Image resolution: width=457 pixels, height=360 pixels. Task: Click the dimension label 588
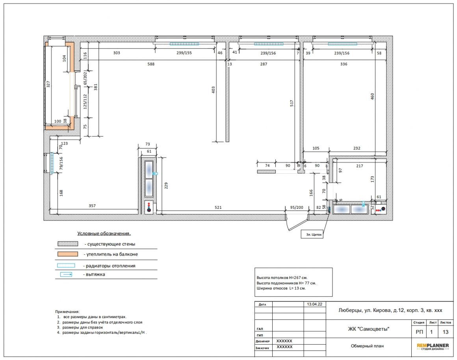tap(151, 64)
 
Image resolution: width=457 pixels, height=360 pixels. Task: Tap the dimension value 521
tap(218, 208)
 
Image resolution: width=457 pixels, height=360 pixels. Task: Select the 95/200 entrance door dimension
tap(297, 208)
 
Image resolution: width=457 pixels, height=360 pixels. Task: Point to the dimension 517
tap(292, 103)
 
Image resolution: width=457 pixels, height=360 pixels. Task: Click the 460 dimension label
tap(372, 96)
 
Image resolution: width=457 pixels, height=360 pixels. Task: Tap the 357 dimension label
tap(92, 206)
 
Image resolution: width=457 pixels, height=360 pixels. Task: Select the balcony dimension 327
tap(48, 84)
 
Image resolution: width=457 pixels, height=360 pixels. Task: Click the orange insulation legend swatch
tap(68, 254)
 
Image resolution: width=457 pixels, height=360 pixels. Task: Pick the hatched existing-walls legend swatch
tap(68, 244)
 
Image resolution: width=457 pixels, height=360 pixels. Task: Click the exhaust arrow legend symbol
tap(66, 275)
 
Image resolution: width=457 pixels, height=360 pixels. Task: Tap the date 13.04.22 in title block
tap(314, 304)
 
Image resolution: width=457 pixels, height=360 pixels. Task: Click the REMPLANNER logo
tap(433, 346)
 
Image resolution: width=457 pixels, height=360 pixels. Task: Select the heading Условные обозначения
tap(104, 234)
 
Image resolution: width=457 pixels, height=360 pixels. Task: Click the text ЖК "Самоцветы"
tap(369, 329)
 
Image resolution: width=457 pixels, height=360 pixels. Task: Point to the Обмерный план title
tap(367, 346)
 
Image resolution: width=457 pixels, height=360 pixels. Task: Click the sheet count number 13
tap(445, 332)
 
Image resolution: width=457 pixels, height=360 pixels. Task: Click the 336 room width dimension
tap(344, 64)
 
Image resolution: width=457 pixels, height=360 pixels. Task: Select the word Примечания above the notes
tap(67, 312)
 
